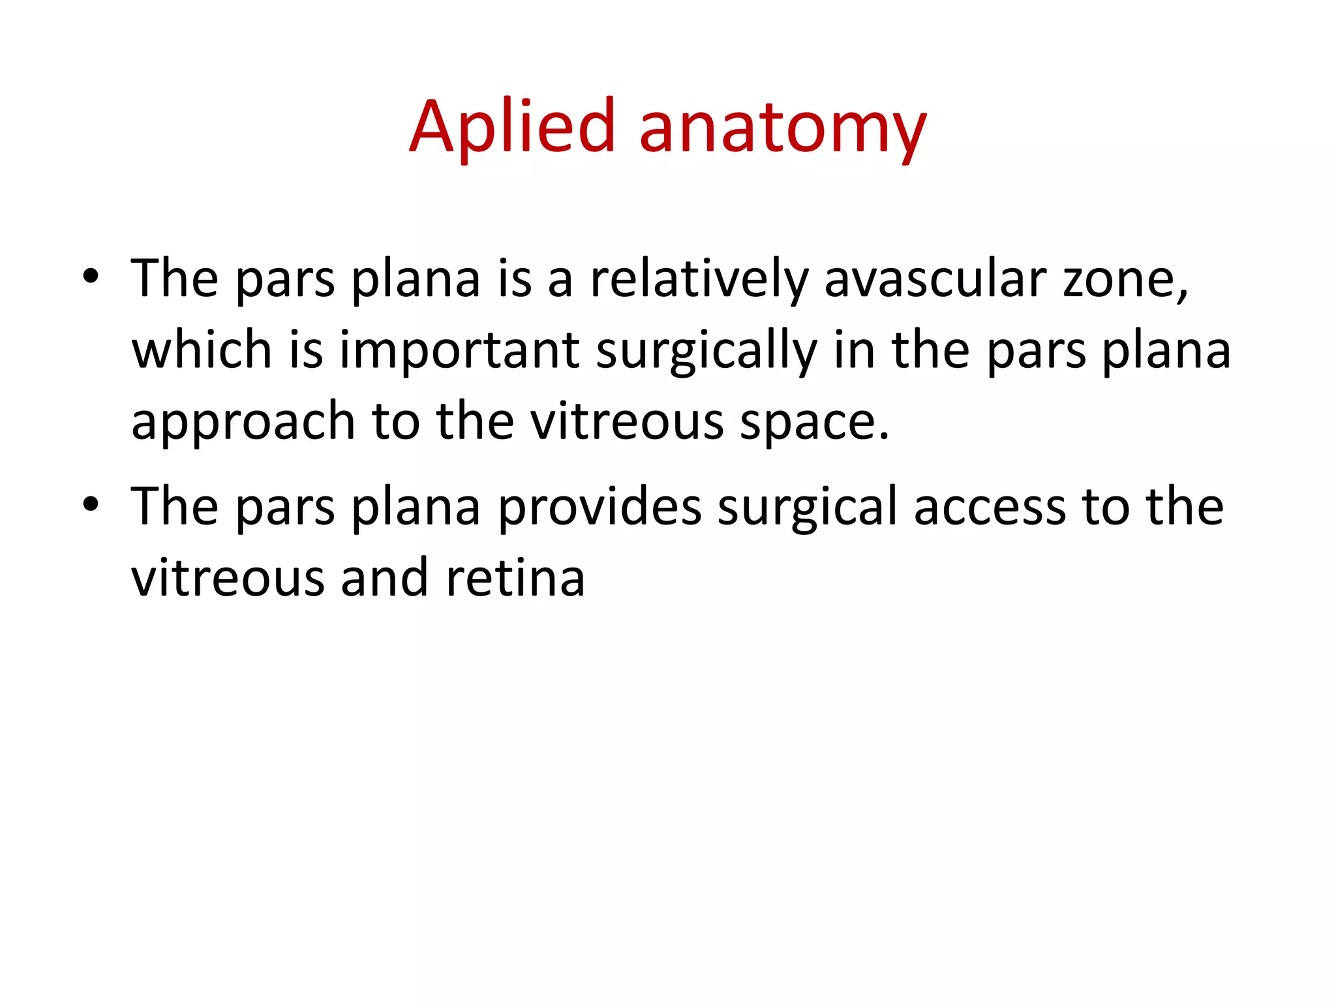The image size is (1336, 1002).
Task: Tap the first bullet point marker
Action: coord(91,277)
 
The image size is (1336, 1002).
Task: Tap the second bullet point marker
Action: coord(91,504)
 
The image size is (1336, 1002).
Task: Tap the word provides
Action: coord(600,508)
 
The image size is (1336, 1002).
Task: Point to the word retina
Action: coord(515,579)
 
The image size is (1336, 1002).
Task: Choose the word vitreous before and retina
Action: coord(228,579)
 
